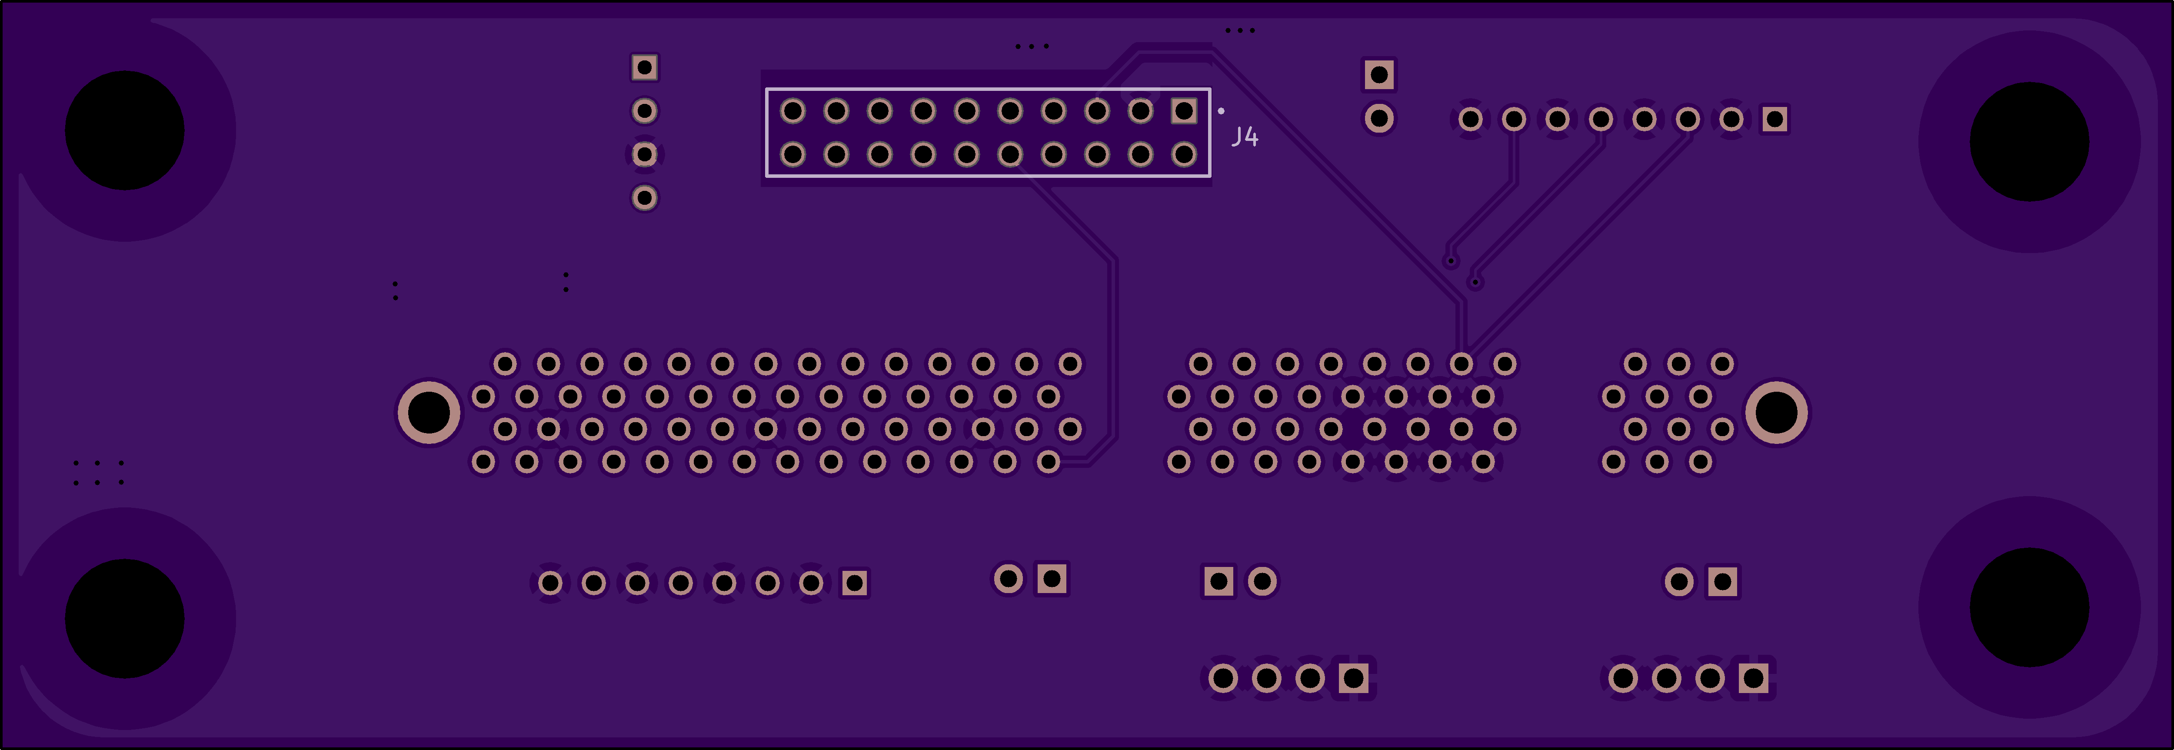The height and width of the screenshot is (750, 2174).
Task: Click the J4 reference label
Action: (x=1245, y=137)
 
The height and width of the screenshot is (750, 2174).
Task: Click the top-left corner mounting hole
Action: (x=125, y=131)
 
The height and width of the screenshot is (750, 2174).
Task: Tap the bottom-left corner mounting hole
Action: (x=125, y=618)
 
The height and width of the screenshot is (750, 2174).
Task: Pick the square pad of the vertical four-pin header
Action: (x=645, y=67)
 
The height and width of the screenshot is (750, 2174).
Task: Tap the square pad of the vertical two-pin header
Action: (x=1379, y=75)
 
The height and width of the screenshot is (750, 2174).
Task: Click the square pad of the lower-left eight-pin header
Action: (x=854, y=583)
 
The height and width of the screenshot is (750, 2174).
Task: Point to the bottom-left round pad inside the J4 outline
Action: (x=792, y=154)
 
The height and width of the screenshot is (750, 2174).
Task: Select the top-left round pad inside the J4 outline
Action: (x=792, y=110)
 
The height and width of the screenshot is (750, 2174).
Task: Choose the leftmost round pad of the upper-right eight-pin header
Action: (x=1470, y=119)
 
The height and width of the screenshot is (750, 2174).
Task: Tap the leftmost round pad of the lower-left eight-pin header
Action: (x=550, y=583)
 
